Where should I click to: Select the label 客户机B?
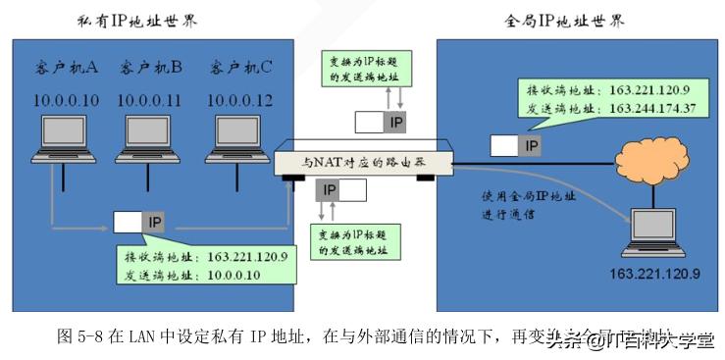point(150,68)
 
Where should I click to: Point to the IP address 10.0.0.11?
point(150,99)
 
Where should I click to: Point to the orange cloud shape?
point(648,158)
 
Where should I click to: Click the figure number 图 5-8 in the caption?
point(81,335)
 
